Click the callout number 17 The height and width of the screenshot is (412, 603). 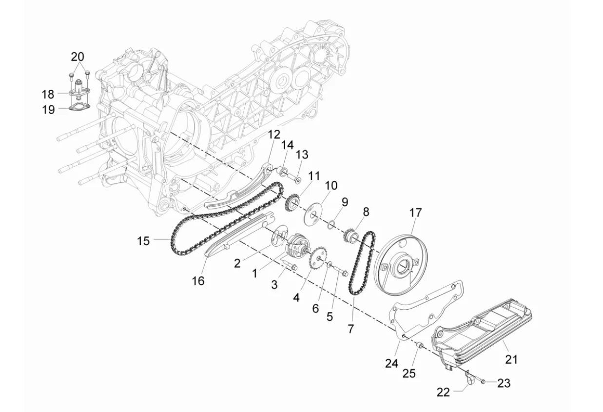415,213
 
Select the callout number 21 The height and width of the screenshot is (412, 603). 511,359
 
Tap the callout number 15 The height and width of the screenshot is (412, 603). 143,241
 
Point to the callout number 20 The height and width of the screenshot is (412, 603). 78,57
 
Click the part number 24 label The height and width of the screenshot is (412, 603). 391,364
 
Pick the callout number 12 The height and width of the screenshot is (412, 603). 274,134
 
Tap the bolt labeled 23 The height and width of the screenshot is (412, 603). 482,382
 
